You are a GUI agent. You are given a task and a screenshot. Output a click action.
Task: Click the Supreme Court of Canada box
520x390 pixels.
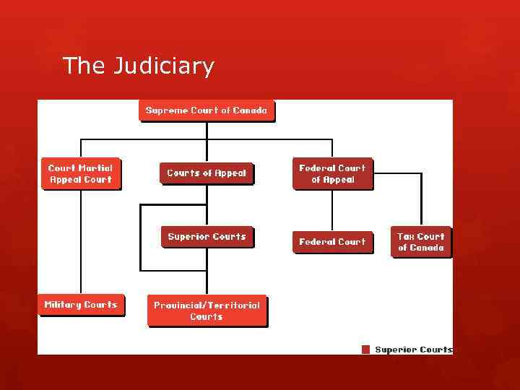[x=207, y=110]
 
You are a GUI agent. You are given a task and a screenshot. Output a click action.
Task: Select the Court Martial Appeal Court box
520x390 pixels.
[x=80, y=174]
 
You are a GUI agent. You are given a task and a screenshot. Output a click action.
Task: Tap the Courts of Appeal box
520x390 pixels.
[x=207, y=173]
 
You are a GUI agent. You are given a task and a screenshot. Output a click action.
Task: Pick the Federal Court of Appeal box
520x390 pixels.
[x=332, y=174]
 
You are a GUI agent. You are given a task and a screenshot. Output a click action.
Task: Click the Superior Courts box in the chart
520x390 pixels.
[x=207, y=237]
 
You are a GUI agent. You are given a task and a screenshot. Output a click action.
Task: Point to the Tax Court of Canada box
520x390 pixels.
[x=421, y=242]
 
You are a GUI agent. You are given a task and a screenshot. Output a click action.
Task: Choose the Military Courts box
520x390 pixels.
[x=80, y=305]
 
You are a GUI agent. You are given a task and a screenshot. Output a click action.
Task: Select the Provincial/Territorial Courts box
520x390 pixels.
[x=207, y=311]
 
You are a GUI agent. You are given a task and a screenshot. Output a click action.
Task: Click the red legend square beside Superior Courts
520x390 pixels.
[x=365, y=350]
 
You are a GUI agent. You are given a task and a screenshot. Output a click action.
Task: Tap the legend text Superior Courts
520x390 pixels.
[x=413, y=350]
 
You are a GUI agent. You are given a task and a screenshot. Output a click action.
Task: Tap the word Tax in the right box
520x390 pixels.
[x=405, y=236]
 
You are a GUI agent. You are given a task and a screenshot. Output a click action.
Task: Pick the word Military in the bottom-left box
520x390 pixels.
[x=62, y=305]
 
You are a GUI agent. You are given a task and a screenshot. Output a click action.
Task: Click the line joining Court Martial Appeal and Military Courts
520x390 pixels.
[x=80, y=242]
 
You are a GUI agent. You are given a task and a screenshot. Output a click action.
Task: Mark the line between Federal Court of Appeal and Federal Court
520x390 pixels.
[x=332, y=211]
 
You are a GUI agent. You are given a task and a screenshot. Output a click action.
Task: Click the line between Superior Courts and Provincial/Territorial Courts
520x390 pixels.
[x=207, y=272]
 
